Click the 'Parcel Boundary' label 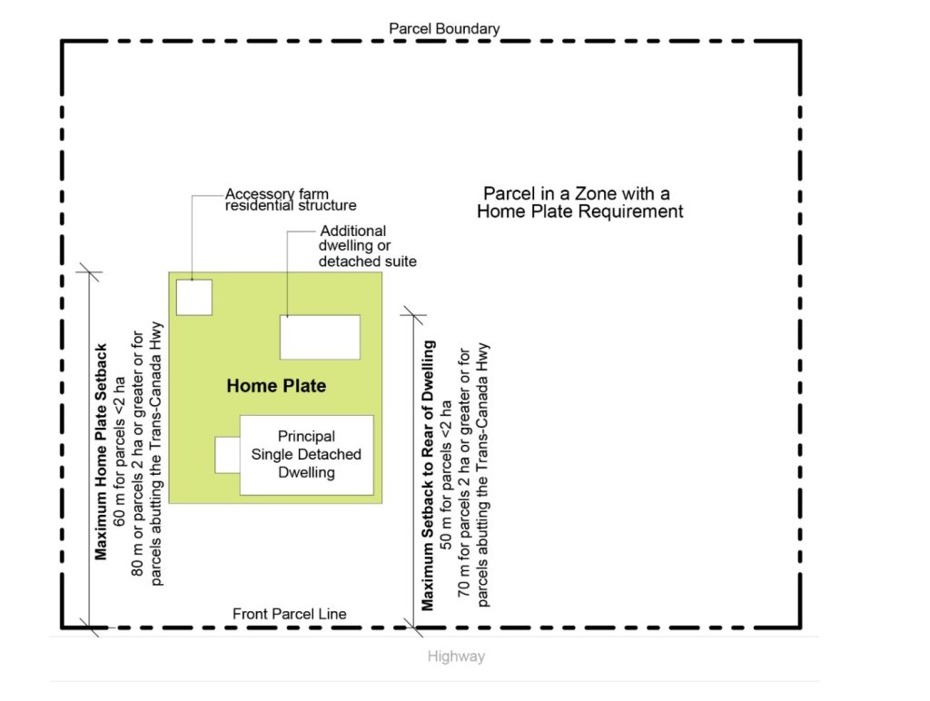pyautogui.click(x=443, y=28)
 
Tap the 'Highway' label pyautogui.click(x=456, y=656)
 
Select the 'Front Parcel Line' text pyautogui.click(x=290, y=614)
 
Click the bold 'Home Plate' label pyautogui.click(x=276, y=386)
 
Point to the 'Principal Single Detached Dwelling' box pyautogui.click(x=307, y=455)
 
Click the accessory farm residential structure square pyautogui.click(x=194, y=297)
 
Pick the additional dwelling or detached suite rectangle pyautogui.click(x=320, y=337)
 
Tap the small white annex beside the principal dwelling pyautogui.click(x=227, y=455)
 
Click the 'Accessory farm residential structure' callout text pyautogui.click(x=291, y=200)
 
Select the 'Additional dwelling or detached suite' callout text pyautogui.click(x=368, y=245)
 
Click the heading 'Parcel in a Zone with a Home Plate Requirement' pyautogui.click(x=580, y=202)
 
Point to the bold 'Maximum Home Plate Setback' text pyautogui.click(x=101, y=451)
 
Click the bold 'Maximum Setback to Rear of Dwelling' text pyautogui.click(x=428, y=475)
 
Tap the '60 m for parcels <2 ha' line pyautogui.click(x=119, y=451)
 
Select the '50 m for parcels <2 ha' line pyautogui.click(x=446, y=475)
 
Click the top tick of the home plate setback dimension pyautogui.click(x=89, y=272)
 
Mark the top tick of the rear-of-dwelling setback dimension pyautogui.click(x=413, y=315)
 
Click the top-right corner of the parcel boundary pyautogui.click(x=800, y=41)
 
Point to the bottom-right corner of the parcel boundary pyautogui.click(x=800, y=627)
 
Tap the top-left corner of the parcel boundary pyautogui.click(x=62, y=41)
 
